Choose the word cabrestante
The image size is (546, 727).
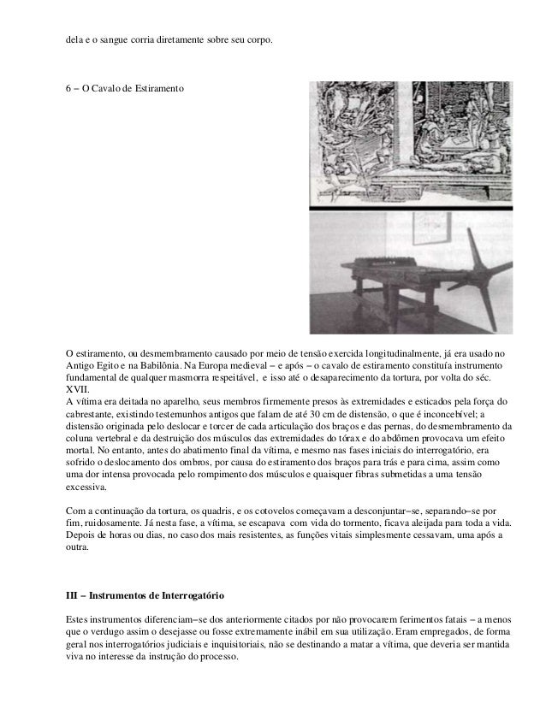coord(93,414)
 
